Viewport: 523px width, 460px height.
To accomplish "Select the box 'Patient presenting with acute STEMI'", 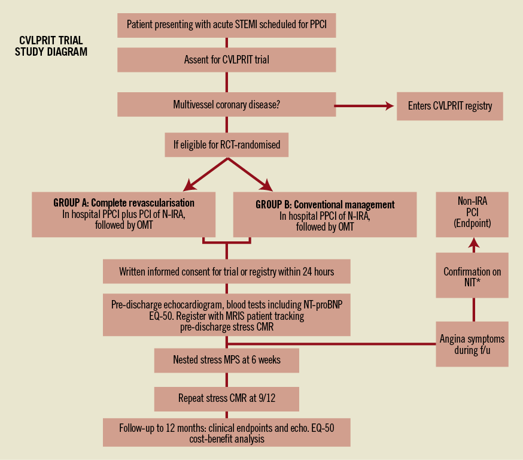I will (x=226, y=25).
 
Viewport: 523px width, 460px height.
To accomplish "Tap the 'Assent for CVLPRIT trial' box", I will (x=226, y=60).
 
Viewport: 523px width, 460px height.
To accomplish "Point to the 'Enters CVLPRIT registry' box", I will (x=450, y=106).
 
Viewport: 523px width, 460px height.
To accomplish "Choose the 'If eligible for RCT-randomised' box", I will (x=226, y=144).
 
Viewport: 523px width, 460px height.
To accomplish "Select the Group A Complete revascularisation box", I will (x=124, y=214).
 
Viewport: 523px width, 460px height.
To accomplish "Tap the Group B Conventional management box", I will (x=324, y=214).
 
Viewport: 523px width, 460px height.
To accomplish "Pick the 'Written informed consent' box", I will (x=226, y=271).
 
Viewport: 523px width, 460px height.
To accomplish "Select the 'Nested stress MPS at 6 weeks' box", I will (x=226, y=360).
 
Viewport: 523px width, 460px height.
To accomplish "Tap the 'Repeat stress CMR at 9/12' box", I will (x=226, y=398).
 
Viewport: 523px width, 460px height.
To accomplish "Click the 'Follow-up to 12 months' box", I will (x=226, y=432).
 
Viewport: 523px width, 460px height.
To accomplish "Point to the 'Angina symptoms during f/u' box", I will (x=472, y=344).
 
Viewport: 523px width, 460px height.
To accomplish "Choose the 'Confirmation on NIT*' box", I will (x=472, y=277).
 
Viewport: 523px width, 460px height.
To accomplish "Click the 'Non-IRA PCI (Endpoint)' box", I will (x=472, y=213).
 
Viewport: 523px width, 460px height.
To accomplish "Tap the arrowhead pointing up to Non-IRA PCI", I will (x=473, y=243).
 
